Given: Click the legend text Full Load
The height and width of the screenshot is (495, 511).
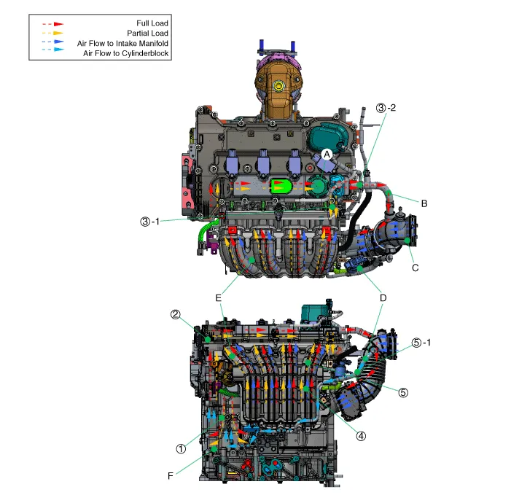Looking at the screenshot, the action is click(152, 23).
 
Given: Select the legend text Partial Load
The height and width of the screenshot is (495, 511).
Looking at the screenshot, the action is click(148, 34).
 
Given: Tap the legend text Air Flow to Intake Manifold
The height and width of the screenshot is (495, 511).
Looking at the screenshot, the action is click(122, 43).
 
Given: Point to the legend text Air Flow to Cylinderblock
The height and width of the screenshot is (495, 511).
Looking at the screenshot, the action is click(126, 53).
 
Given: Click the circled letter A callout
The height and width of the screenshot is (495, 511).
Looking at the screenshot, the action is click(327, 155).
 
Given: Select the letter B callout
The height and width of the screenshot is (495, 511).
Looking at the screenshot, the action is click(424, 203).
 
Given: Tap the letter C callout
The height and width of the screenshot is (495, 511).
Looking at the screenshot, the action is click(416, 268).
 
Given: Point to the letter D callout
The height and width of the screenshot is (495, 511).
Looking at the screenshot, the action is click(383, 298).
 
